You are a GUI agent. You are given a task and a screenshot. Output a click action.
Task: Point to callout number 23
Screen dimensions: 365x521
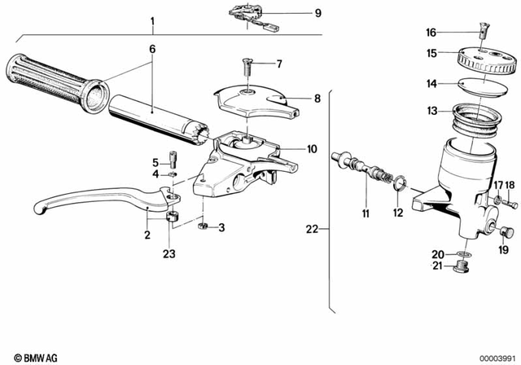pyautogui.click(x=169, y=253)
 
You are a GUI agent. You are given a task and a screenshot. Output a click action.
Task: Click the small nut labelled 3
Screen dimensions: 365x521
pyautogui.click(x=204, y=226)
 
